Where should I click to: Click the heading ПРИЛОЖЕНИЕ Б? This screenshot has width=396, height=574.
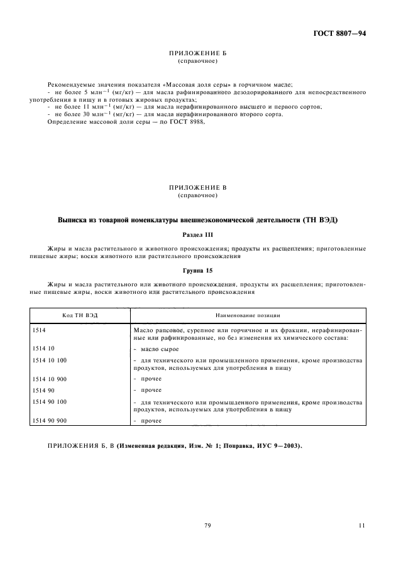pyautogui.click(x=198, y=55)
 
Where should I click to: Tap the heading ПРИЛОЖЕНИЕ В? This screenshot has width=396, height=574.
pyautogui.click(x=198, y=188)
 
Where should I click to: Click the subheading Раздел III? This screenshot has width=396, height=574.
pyautogui.click(x=198, y=234)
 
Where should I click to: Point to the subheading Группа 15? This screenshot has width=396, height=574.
pyautogui.click(x=198, y=271)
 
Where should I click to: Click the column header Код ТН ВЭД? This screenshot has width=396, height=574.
pyautogui.click(x=79, y=315)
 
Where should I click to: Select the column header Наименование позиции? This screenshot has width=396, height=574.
pyautogui.click(x=248, y=315)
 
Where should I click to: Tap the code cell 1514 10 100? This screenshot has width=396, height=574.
pyautogui.click(x=49, y=360)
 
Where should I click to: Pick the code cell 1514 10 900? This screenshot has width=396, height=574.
pyautogui.click(x=49, y=379)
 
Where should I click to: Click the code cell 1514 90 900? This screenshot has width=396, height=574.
pyautogui.click(x=49, y=420)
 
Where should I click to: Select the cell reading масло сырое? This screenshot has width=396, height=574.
pyautogui.click(x=158, y=349)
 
